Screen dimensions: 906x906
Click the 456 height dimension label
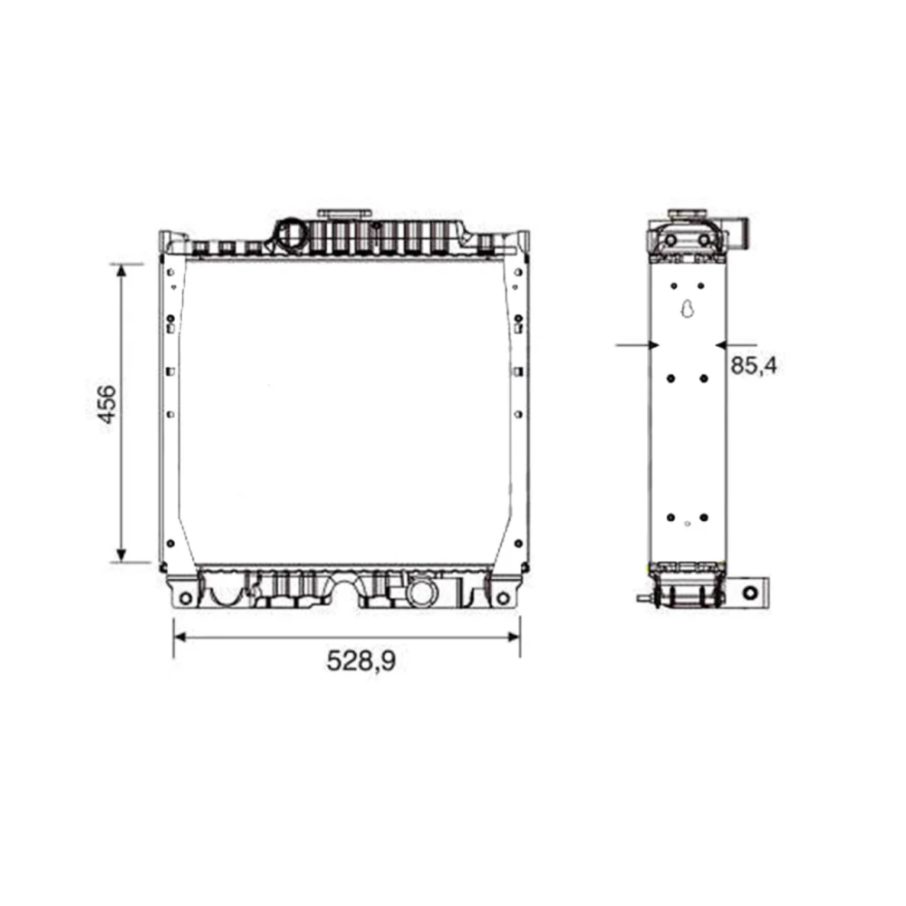pyautogui.click(x=108, y=404)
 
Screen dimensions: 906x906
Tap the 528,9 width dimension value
pyautogui.click(x=361, y=661)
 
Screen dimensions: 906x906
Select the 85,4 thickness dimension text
pyautogui.click(x=754, y=366)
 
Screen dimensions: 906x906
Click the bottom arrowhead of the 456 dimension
pyautogui.click(x=121, y=554)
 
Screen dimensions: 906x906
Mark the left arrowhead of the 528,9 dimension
pyautogui.click(x=180, y=637)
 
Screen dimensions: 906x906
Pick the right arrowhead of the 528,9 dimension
pyautogui.click(x=513, y=637)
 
